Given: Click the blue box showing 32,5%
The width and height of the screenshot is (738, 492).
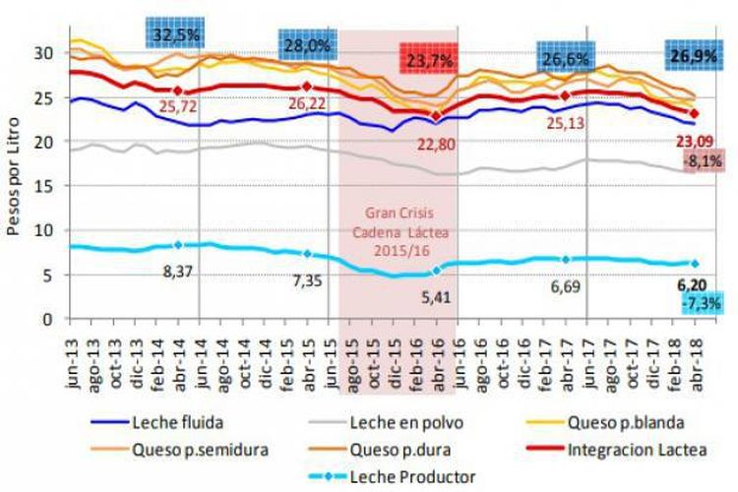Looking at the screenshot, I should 177,32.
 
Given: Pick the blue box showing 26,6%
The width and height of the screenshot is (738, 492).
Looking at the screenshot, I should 565,59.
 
